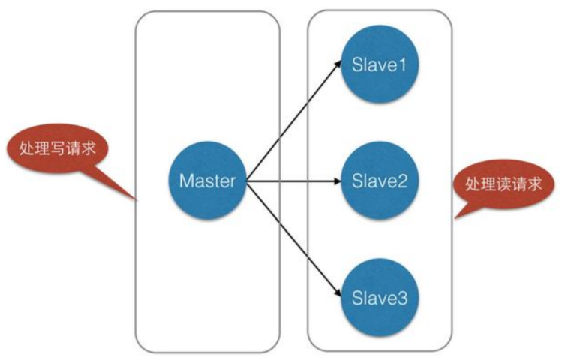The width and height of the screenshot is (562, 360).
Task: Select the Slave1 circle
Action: coord(380,65)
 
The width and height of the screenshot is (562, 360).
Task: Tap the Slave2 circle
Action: coord(380,181)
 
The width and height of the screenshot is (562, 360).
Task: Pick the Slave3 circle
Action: coord(380,297)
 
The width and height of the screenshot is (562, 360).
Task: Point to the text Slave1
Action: coord(380,65)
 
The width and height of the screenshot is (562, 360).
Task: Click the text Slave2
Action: coord(380,181)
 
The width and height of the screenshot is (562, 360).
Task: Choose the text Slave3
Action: coord(380,297)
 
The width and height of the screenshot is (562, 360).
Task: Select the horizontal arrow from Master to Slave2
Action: coord(293,181)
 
